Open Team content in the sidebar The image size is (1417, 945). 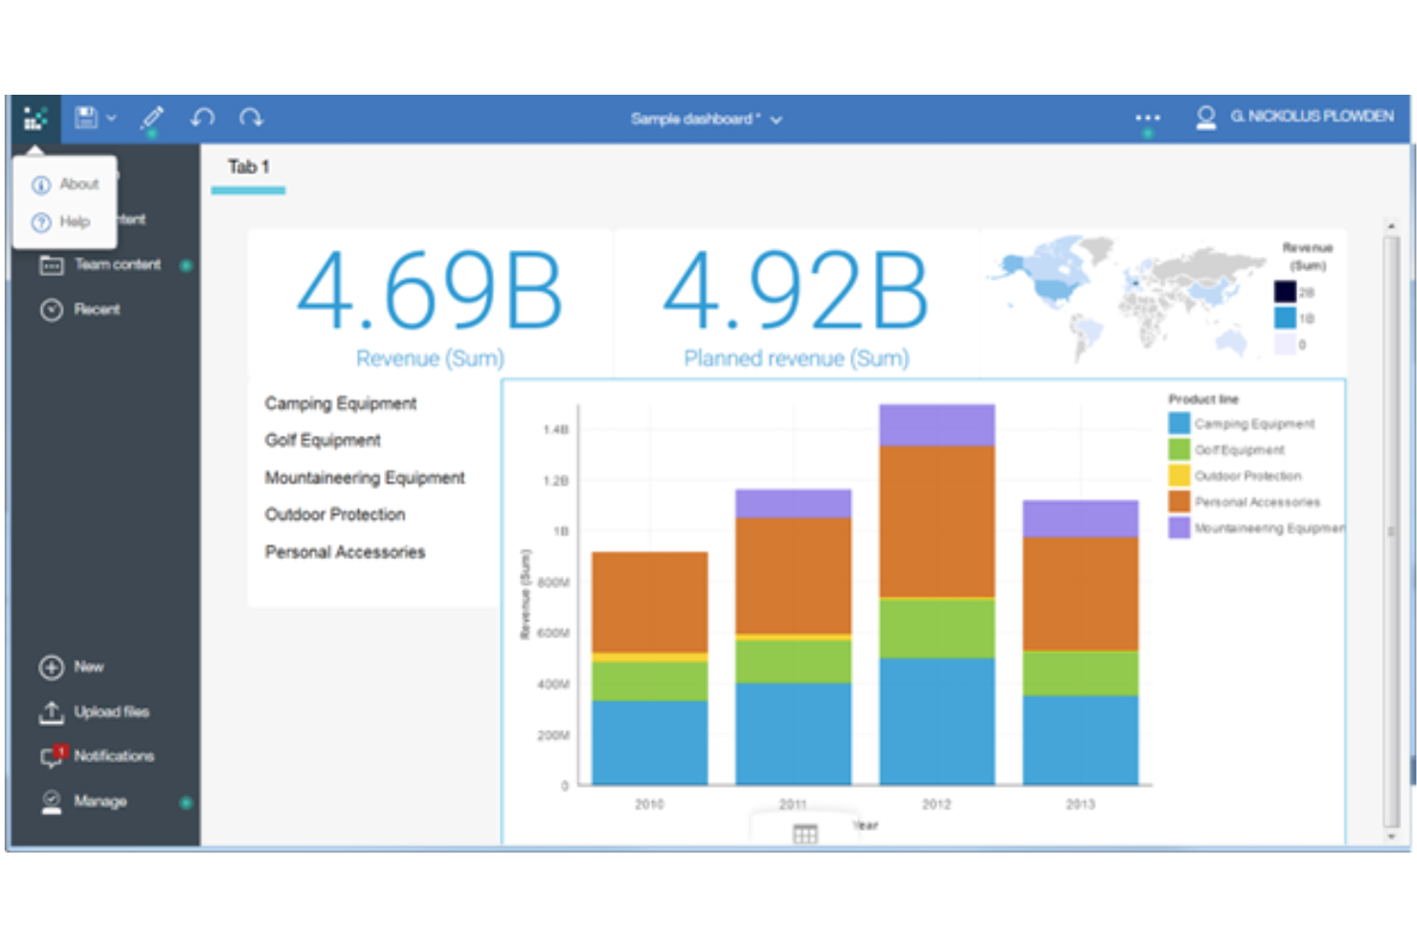117,264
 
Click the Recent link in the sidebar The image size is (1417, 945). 97,309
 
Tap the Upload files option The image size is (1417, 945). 111,711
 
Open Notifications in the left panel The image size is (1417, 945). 113,755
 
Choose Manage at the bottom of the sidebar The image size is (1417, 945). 100,800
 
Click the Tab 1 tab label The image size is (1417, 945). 248,167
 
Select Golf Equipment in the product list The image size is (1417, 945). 323,440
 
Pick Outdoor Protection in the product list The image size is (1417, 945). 335,514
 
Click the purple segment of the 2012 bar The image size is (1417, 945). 936,425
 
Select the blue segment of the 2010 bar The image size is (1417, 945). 649,742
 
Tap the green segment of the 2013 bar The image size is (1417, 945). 1080,673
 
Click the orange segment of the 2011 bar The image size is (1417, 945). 793,574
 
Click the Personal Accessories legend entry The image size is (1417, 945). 1256,502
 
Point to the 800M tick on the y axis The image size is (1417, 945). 553,582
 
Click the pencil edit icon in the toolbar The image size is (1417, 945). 151,118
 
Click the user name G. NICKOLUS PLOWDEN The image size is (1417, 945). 1311,117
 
